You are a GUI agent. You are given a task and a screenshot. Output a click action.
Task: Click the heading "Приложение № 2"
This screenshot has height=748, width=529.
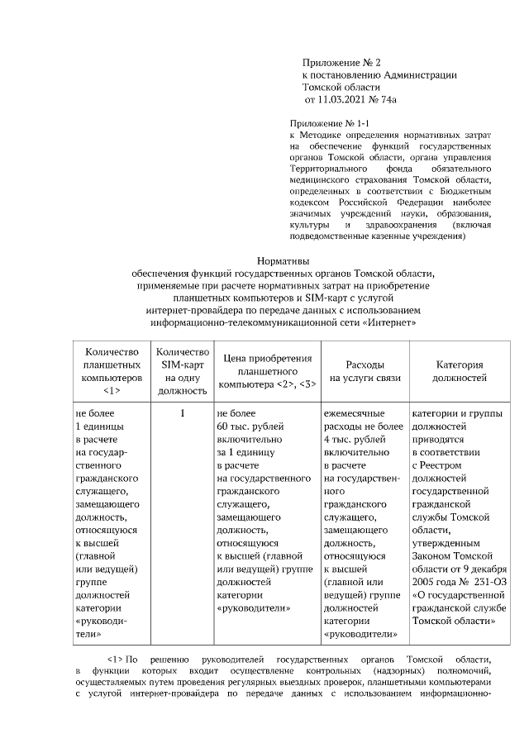click(341, 62)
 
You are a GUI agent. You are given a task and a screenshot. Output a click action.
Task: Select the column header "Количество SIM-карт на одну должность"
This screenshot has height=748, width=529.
click(181, 371)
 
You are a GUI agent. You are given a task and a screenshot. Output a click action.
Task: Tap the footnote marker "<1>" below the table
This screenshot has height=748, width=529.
click(115, 660)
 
